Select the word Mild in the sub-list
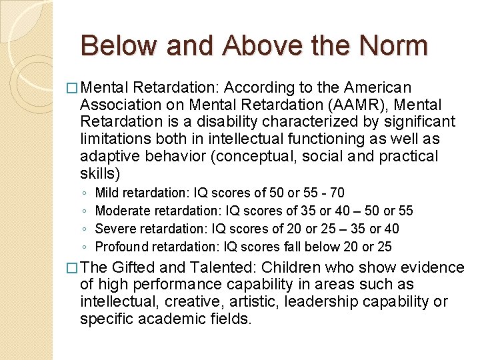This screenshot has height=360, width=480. [107, 193]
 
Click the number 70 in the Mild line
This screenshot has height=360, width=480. [337, 193]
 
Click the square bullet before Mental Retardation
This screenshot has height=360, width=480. [73, 88]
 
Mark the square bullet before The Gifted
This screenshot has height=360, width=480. [73, 269]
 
